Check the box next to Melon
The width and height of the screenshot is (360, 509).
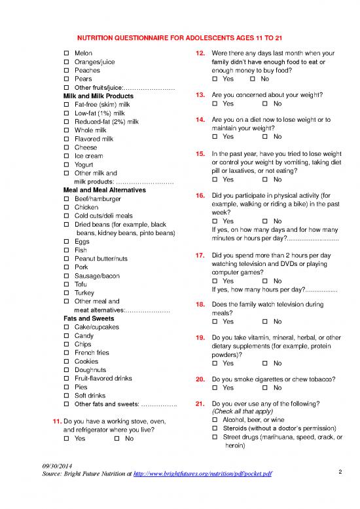[x=66, y=52]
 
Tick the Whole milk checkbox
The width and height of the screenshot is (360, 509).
[x=66, y=130]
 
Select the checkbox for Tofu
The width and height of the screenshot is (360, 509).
[x=66, y=284]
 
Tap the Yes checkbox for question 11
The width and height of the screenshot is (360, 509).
[x=66, y=438]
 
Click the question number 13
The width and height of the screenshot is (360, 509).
[x=202, y=95]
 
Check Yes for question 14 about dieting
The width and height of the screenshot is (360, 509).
[x=215, y=137]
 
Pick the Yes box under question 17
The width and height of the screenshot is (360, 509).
[x=215, y=280]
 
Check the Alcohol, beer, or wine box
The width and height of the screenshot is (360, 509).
[x=215, y=419]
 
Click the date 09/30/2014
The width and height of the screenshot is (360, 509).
[x=56, y=464]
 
